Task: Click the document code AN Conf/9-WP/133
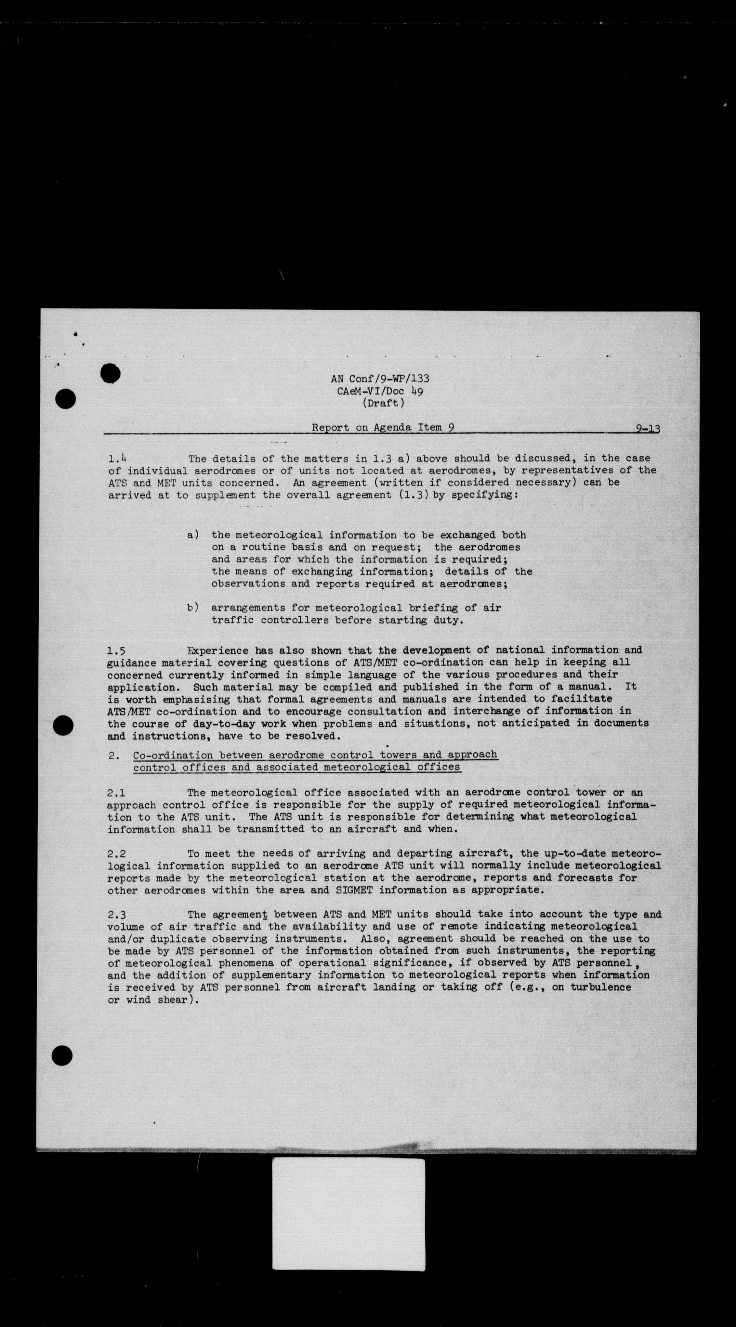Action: [x=380, y=379]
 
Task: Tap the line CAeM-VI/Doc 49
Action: [x=380, y=391]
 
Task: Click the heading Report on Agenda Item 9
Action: [x=383, y=427]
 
